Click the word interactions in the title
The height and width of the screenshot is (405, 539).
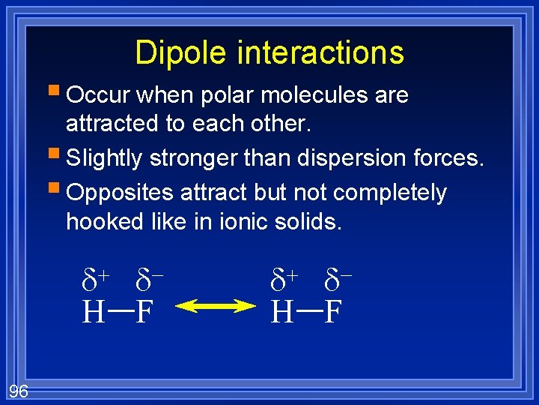[x=320, y=52]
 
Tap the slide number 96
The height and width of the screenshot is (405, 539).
[x=19, y=390]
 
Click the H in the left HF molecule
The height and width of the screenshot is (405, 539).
[x=93, y=310]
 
